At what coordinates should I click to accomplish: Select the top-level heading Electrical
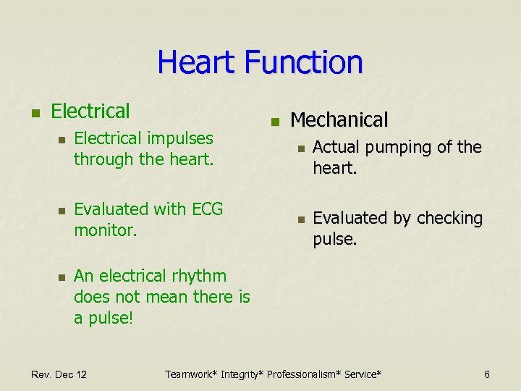point(91,112)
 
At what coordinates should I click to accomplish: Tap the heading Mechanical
point(339,119)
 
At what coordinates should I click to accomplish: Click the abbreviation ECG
point(207,209)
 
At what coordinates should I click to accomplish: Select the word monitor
point(106,230)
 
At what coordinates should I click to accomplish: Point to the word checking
point(449,219)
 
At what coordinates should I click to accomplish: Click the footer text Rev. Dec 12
point(59,374)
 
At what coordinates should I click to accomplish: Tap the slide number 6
point(487,374)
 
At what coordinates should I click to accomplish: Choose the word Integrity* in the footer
point(244,374)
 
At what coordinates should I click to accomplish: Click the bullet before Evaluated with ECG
point(62,211)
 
